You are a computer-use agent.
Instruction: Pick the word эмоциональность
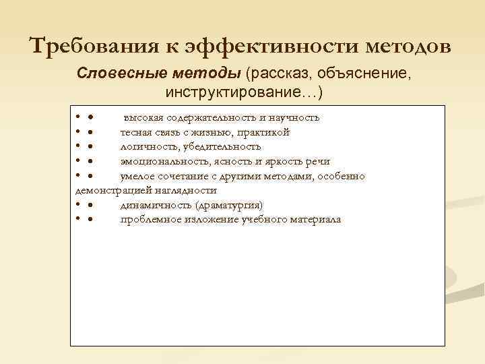(x=162, y=162)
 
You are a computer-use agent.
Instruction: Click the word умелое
(x=137, y=177)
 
